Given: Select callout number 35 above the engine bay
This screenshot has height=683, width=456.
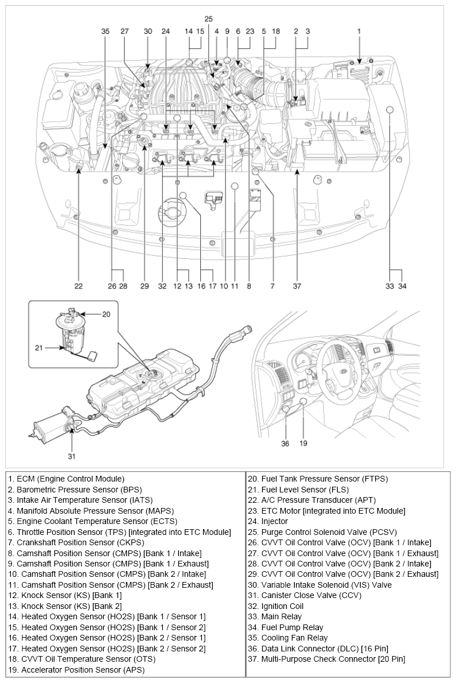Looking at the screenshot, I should [105, 32].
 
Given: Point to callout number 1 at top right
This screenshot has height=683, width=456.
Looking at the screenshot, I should [359, 32].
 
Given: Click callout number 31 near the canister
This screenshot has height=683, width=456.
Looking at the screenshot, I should [71, 456].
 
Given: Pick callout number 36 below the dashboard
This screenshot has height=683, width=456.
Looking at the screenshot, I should [285, 443].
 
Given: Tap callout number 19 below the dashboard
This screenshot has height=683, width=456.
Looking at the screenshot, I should [303, 443].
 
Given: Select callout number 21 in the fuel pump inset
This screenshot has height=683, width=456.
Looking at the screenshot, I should [38, 348].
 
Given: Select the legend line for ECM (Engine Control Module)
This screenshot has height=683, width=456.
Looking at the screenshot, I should [66, 479].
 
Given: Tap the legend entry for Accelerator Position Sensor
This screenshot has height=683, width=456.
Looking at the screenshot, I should [76, 670].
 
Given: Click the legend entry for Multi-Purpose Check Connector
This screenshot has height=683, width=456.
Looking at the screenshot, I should [326, 659].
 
